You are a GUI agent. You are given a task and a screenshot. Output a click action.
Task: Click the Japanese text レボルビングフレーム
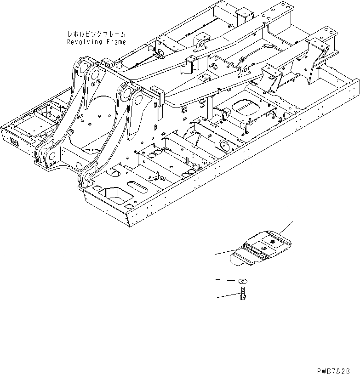(x=96, y=34)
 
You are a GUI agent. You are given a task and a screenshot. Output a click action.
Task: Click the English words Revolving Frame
(x=96, y=42)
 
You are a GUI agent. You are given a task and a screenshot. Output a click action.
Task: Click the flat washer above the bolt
(x=242, y=281)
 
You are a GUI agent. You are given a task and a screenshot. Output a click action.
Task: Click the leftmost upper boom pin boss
(x=82, y=68)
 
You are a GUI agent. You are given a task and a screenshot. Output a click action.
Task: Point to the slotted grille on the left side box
(x=14, y=142)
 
